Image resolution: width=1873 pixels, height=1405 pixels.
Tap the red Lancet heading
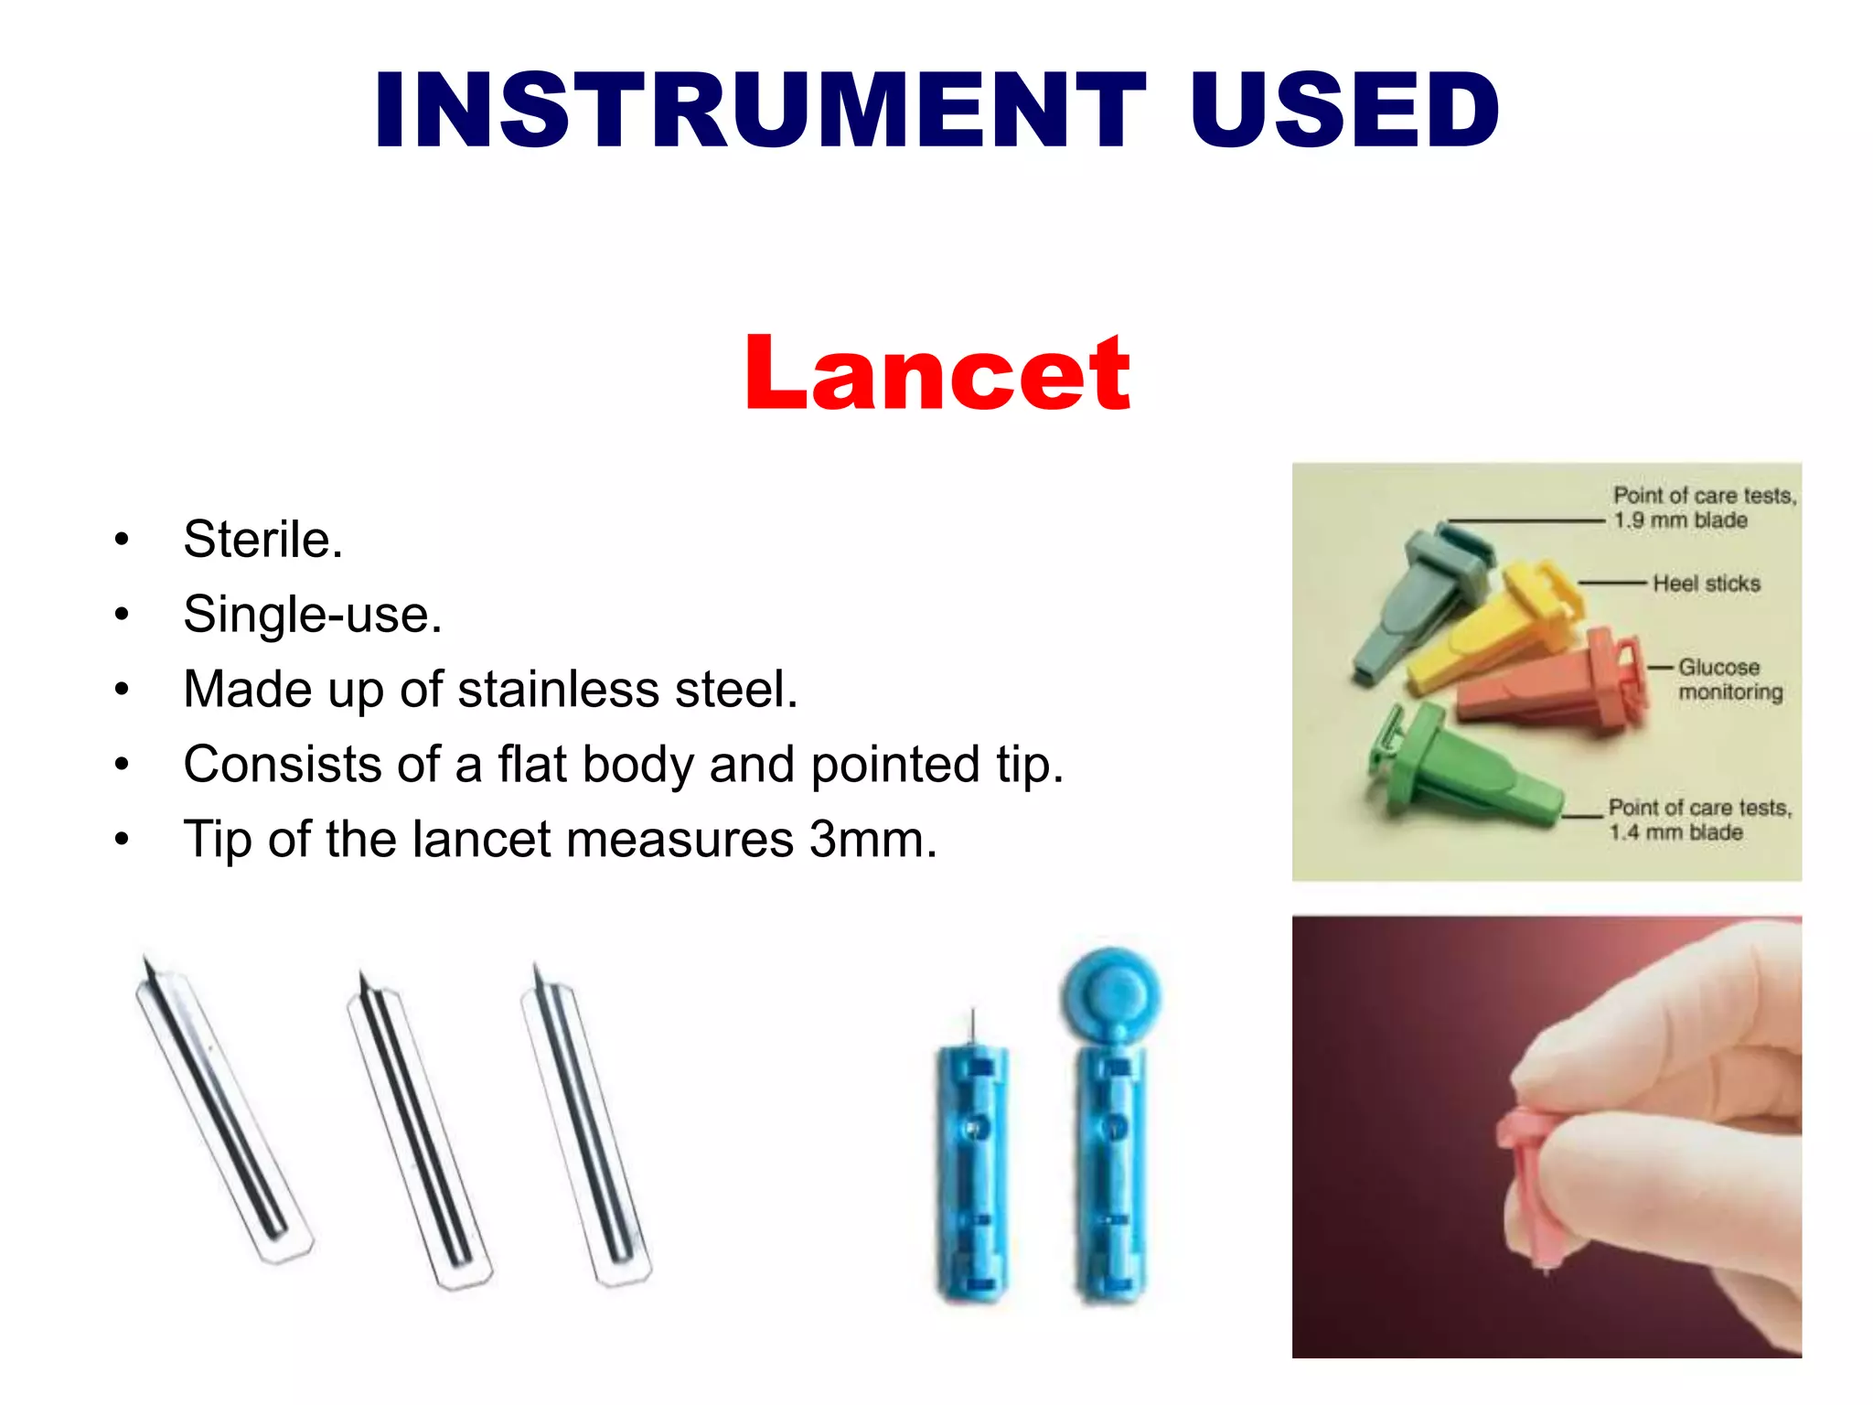pyautogui.click(x=937, y=373)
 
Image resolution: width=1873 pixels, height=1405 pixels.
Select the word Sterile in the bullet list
pyautogui.click(x=262, y=539)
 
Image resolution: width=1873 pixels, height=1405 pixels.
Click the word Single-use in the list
pyautogui.click(x=312, y=614)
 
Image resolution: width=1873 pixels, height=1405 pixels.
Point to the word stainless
pyautogui.click(x=558, y=689)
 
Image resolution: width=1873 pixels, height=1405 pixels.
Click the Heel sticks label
pyautogui.click(x=1706, y=584)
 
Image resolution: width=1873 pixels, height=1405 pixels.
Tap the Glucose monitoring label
pyautogui.click(x=1729, y=680)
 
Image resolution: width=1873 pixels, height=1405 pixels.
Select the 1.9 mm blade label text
pyautogui.click(x=1680, y=520)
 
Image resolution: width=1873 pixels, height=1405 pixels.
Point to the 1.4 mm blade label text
pyautogui.click(x=1675, y=832)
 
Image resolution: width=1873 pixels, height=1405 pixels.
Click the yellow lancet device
pyautogui.click(x=1491, y=631)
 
